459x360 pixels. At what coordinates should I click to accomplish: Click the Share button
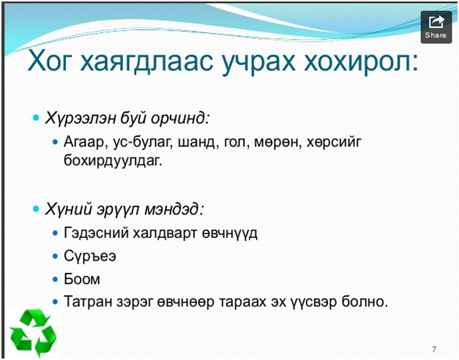[436, 27]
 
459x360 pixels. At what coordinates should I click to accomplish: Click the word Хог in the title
[49, 61]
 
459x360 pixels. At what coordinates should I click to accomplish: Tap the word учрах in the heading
[258, 61]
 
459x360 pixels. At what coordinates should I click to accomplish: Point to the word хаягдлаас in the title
[146, 61]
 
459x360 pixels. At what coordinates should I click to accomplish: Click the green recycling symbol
[33, 333]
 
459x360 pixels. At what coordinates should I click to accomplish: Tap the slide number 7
[434, 349]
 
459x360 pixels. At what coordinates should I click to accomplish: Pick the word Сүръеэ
[90, 256]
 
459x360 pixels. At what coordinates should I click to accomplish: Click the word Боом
[82, 279]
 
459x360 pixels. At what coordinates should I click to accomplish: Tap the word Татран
[88, 301]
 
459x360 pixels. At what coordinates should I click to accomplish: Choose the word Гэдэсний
[97, 233]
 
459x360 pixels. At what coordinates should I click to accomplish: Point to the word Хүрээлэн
[81, 119]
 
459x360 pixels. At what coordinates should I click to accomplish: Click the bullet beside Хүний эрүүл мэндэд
[37, 209]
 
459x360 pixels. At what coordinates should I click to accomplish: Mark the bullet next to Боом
[55, 280]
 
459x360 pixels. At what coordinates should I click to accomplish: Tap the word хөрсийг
[334, 142]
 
